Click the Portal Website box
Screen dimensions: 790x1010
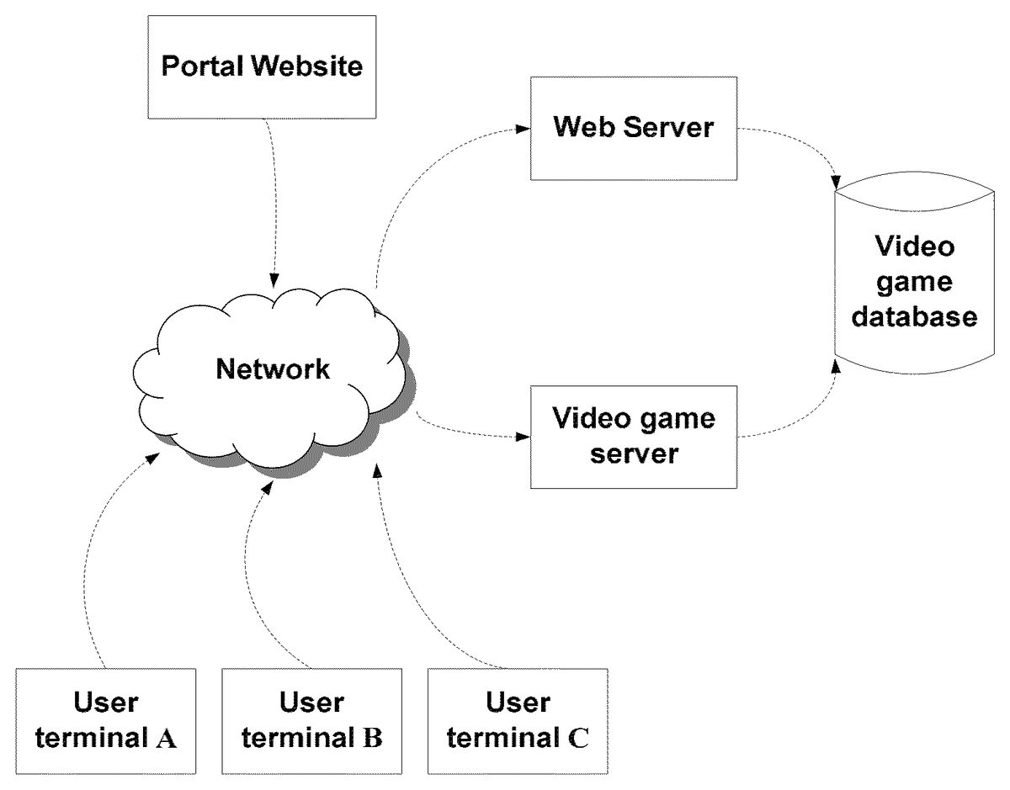(x=262, y=66)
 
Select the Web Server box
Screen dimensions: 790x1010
(x=633, y=128)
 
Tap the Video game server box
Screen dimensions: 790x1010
(x=633, y=437)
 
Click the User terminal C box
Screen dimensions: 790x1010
(x=517, y=721)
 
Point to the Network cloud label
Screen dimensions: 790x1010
(x=273, y=369)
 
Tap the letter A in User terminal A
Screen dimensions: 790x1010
(x=167, y=740)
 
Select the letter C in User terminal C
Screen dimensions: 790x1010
(x=577, y=740)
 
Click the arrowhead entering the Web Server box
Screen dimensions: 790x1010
(x=523, y=130)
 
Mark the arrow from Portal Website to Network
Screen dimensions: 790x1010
(x=271, y=202)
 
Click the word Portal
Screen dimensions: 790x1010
(x=200, y=66)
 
